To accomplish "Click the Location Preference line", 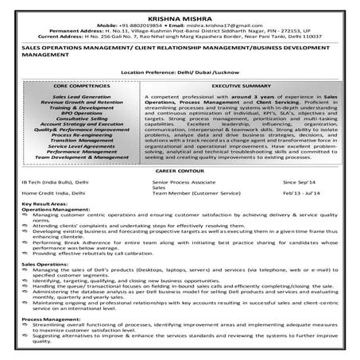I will tap(180, 71).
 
